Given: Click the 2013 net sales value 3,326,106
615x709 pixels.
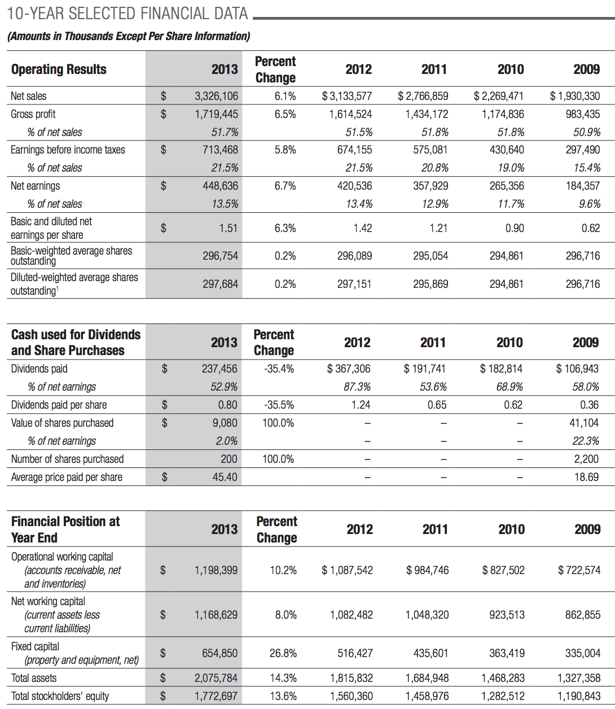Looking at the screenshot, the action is click(x=216, y=96).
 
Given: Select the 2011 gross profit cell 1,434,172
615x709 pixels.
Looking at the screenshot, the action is click(x=427, y=114).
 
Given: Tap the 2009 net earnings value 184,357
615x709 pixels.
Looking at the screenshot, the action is click(x=583, y=186).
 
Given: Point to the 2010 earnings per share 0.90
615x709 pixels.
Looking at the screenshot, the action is click(x=515, y=228).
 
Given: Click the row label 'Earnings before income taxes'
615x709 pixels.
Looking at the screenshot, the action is click(x=68, y=150).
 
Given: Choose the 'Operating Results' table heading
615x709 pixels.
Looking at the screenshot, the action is click(x=59, y=69).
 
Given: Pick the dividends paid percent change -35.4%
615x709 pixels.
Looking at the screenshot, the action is click(x=279, y=369).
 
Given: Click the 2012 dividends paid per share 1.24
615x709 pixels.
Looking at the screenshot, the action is click(x=361, y=404).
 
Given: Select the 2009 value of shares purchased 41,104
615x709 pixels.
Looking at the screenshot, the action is click(x=584, y=422).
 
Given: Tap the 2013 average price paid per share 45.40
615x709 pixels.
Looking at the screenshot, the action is click(x=225, y=477).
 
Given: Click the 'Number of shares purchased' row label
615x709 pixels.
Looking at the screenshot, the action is click(x=67, y=459).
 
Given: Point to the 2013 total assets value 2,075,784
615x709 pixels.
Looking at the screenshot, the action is click(x=216, y=677).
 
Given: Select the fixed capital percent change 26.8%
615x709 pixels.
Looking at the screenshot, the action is click(x=283, y=653).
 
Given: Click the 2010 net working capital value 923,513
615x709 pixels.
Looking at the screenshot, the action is click(x=507, y=614).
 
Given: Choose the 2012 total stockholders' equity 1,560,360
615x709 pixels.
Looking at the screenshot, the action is click(x=352, y=695).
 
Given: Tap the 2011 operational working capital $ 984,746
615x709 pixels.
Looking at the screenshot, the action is click(x=427, y=570).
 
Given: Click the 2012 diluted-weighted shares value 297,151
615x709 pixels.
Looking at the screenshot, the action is click(x=354, y=284).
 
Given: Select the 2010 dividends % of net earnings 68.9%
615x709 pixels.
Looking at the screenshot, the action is click(x=509, y=386).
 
